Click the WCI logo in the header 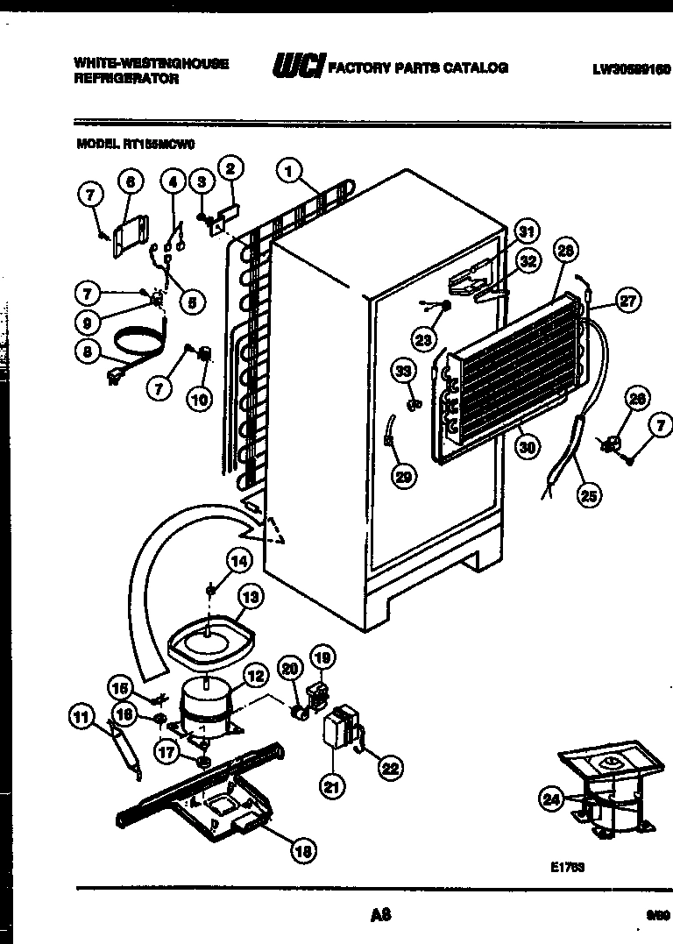[x=298, y=67]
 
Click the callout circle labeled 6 [x=129, y=182]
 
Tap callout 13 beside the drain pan [x=251, y=599]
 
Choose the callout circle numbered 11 [x=81, y=718]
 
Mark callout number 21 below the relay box [x=330, y=787]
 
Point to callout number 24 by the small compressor [x=550, y=798]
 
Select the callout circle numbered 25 [x=588, y=494]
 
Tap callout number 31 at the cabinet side [x=525, y=232]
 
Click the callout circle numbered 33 [x=402, y=372]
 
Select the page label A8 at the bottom [x=379, y=916]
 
